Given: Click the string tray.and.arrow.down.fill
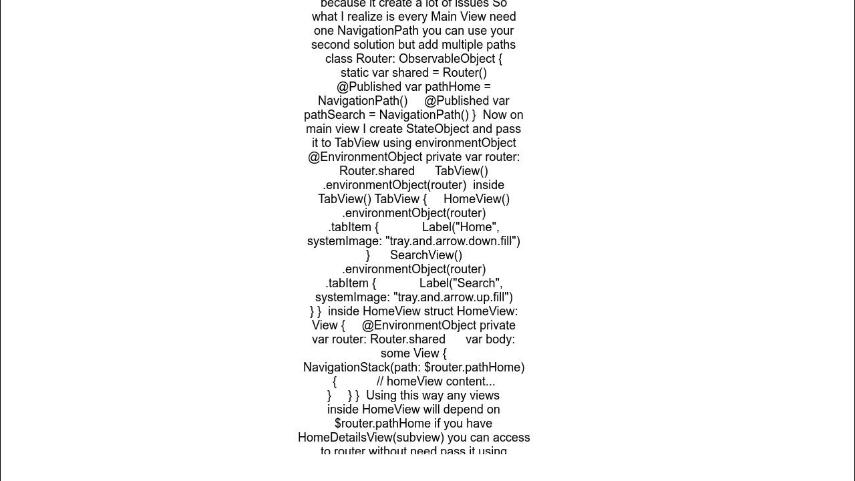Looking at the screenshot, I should point(452,241).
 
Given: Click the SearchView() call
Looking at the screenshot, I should point(426,255).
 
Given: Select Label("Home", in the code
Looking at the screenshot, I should point(460,227).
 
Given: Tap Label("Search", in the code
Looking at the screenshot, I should point(460,283).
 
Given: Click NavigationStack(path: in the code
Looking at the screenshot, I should point(362,367).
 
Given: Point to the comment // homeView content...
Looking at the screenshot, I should point(436,381).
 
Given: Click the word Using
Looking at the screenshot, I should point(382,395).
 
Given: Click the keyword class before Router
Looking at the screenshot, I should point(339,59).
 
